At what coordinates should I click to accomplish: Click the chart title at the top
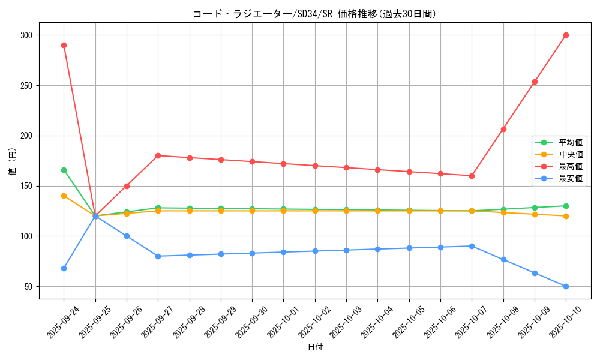[x=314, y=14]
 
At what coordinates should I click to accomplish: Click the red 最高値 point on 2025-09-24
[x=64, y=45]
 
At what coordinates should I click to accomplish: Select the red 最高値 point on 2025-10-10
[x=566, y=35]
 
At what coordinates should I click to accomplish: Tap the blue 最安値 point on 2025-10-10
[x=566, y=286]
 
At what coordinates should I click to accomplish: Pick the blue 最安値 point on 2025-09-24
[x=64, y=268]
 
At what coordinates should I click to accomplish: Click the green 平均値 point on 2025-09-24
[x=64, y=170]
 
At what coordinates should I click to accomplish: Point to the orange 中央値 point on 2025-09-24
[x=64, y=196]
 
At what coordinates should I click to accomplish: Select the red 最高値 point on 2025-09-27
[x=158, y=155]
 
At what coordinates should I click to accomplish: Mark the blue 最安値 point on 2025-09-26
[x=127, y=236]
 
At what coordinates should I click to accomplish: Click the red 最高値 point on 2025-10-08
[x=503, y=129]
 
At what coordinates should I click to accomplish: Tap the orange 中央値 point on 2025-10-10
[x=566, y=216]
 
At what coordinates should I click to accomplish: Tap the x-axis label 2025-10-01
[x=283, y=323]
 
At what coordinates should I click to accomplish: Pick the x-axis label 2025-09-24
[x=62, y=323]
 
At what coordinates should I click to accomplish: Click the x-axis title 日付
[x=315, y=347]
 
